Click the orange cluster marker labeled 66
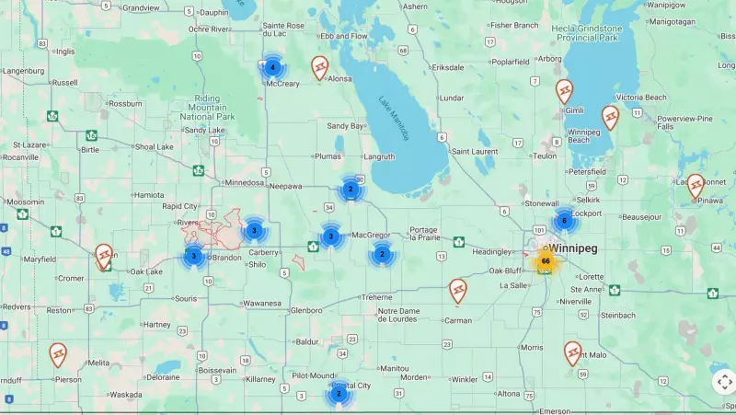[546, 261]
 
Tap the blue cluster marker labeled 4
[272, 67]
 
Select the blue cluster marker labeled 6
[564, 220]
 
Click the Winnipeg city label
[574, 248]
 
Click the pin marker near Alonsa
[319, 67]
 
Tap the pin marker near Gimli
[564, 91]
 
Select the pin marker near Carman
[458, 291]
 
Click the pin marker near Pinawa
[696, 186]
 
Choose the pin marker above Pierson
[58, 354]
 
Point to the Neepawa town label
[286, 186]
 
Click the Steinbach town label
[618, 316]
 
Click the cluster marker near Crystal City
[339, 394]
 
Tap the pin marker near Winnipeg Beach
[610, 117]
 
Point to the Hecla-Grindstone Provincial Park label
[585, 33]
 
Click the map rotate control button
[724, 381]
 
